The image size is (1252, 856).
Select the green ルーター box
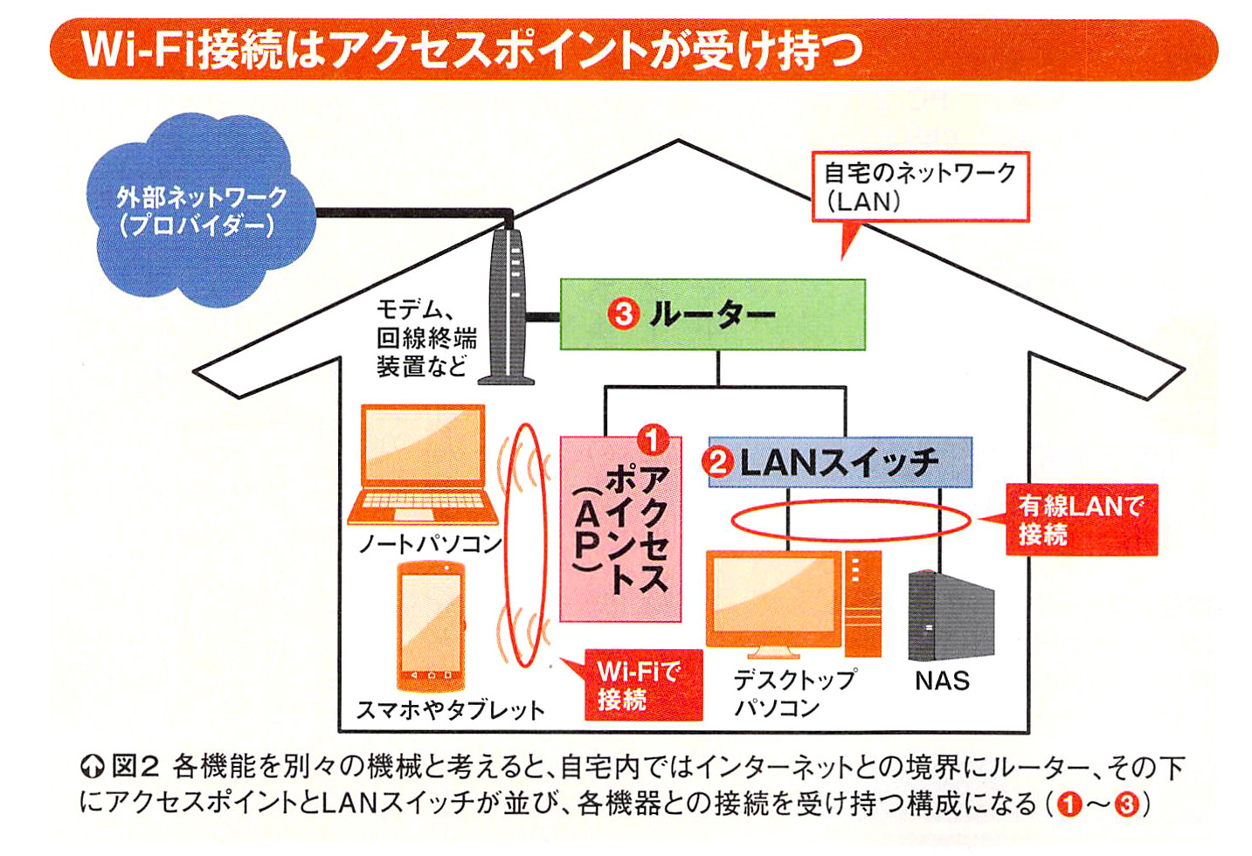pos(712,314)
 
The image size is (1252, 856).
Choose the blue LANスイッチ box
pos(839,462)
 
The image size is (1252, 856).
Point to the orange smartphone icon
pos(431,625)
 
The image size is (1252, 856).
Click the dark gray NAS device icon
pos(951,617)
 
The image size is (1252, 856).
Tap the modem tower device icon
pos(510,306)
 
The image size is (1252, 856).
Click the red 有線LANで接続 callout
pos(1082,519)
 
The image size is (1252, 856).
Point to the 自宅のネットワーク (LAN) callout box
pos(920,187)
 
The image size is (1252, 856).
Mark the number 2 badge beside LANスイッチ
pos(718,461)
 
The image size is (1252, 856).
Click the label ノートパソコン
pos(431,544)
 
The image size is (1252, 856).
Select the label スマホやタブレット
pos(450,709)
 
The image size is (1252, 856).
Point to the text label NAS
pos(942,680)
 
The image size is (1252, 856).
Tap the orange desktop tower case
pos(862,603)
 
